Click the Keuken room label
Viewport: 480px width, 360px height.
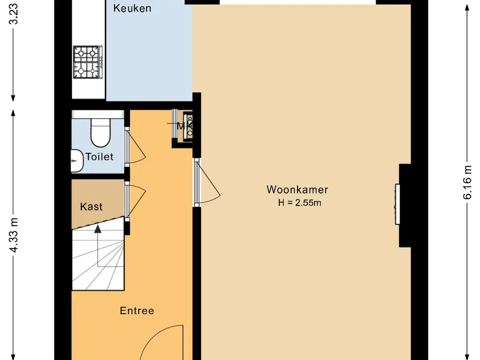coord(133,8)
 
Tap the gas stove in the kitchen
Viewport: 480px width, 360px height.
coord(87,62)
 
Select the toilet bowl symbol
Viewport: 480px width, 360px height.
coord(99,133)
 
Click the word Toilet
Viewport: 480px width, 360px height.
coord(99,157)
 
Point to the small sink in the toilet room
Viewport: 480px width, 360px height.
coord(76,161)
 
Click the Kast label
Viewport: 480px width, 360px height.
coord(91,206)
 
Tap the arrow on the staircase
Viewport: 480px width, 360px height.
coord(97,230)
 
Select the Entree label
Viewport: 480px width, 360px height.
coord(137,311)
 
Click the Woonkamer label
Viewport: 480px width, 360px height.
coord(297,190)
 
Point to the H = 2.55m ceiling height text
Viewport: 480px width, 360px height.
coord(300,203)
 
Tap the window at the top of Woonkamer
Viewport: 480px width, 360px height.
coord(298,2)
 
